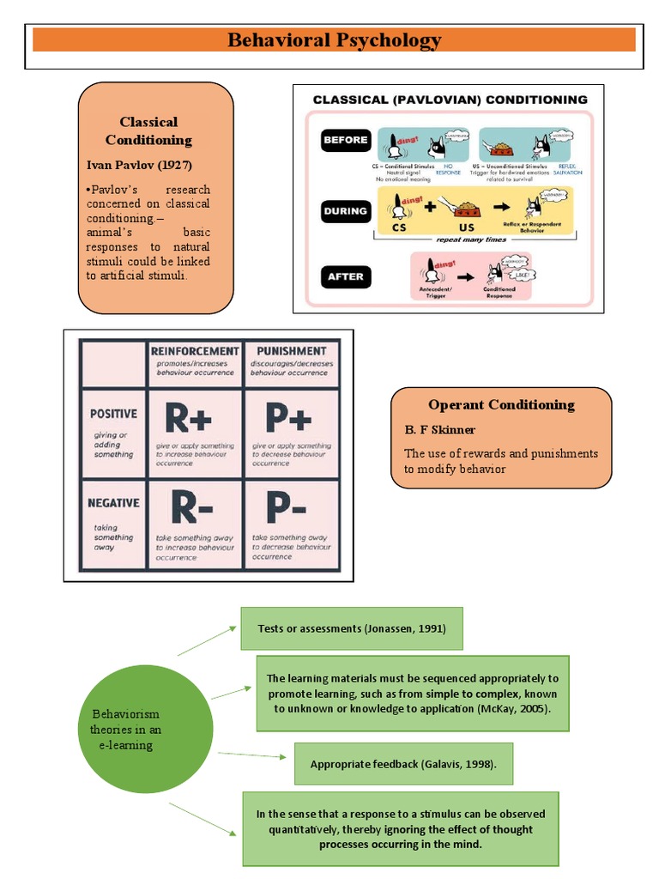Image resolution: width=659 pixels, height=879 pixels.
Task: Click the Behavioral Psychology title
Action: (334, 40)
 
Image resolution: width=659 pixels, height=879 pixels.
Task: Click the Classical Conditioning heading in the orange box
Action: (148, 130)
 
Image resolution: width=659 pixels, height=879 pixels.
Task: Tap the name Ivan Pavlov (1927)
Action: (139, 165)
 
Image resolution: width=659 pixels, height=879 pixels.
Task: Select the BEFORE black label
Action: (345, 140)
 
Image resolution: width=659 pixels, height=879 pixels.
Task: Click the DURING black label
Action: (345, 211)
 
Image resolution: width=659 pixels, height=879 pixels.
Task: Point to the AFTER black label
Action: (345, 276)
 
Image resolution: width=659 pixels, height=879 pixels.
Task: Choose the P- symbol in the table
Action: (286, 507)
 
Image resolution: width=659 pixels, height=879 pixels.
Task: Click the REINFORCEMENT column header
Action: (195, 351)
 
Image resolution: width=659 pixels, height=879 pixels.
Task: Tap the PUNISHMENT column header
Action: (291, 351)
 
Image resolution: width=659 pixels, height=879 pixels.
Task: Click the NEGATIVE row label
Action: (113, 503)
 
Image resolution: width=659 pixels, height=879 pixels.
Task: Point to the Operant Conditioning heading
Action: (501, 405)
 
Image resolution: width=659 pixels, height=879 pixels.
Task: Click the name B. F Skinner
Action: (439, 429)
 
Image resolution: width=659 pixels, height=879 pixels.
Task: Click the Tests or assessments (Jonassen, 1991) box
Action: (351, 628)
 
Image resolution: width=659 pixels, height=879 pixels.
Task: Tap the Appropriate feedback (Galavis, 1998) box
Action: (402, 764)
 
